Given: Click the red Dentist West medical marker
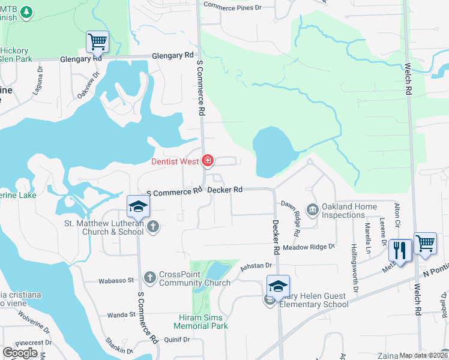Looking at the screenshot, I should coord(208,160).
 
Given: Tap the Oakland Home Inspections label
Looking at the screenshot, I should coord(349,211).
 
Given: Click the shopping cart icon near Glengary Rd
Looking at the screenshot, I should coord(97,42).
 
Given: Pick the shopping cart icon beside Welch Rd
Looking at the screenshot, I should coord(425,244).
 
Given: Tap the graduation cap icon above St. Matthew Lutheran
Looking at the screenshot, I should coord(138,206).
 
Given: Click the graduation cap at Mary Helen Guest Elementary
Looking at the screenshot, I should coord(279,286).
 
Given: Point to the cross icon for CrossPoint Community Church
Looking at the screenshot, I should coord(150,277).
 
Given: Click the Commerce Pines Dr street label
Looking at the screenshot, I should coord(233,6).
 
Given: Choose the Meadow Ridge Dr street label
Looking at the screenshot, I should coord(309,247).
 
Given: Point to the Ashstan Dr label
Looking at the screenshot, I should coord(256,265).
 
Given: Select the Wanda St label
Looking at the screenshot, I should coord(121,314).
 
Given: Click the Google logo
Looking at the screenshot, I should coord(20,353).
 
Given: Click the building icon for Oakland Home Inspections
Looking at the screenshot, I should coord(312,209).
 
